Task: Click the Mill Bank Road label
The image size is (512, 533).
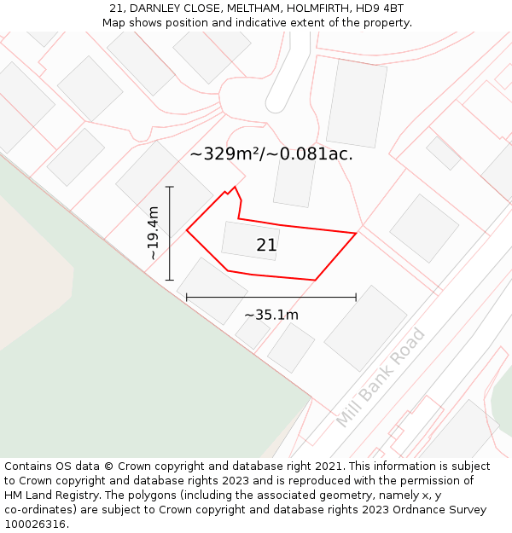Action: tap(381, 378)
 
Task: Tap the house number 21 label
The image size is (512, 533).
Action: tap(266, 246)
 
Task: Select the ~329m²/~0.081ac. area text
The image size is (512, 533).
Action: tap(271, 154)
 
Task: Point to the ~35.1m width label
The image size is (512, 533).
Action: tap(271, 315)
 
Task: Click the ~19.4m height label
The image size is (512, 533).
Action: tap(153, 233)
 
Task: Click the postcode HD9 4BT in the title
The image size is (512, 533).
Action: tap(380, 9)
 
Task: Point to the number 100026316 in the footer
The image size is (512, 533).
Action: tap(36, 524)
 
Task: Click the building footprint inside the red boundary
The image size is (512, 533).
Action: tap(250, 240)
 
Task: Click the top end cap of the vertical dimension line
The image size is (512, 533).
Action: tap(170, 187)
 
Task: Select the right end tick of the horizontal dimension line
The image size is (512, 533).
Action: tap(356, 298)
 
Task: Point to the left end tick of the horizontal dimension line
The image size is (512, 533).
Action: tap(187, 298)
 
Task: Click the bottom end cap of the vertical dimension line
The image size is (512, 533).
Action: tap(170, 280)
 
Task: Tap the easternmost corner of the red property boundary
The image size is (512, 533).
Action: tap(356, 233)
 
